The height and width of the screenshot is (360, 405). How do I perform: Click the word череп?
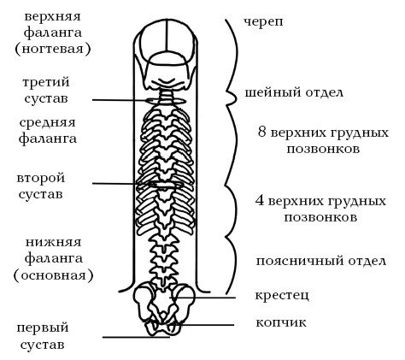pos(263,22)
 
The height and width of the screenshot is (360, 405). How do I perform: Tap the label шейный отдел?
pos(294,92)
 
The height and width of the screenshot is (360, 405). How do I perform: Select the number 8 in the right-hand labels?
pos(261,133)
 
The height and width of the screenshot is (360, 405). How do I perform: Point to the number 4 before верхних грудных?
pos(260,201)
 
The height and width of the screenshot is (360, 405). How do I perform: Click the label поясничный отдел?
pos(321,261)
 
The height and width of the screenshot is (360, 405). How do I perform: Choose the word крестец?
pos(282,295)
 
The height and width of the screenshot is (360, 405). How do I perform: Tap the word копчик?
pos(281,322)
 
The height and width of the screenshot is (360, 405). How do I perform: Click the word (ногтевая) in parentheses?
pos(53,49)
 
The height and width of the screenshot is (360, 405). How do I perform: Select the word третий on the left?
pos(46,82)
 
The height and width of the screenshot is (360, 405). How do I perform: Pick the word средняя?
pos(48,123)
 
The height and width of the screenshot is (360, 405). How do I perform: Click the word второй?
pos(41,178)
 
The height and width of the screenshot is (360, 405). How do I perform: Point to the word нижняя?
pos(54,242)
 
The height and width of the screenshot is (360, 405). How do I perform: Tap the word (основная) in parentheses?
pos(54,275)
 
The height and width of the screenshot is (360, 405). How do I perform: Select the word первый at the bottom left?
pos(43,328)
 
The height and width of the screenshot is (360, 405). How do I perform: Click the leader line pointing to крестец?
pos(202,298)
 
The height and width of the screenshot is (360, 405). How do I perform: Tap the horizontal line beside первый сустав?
pos(136,338)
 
